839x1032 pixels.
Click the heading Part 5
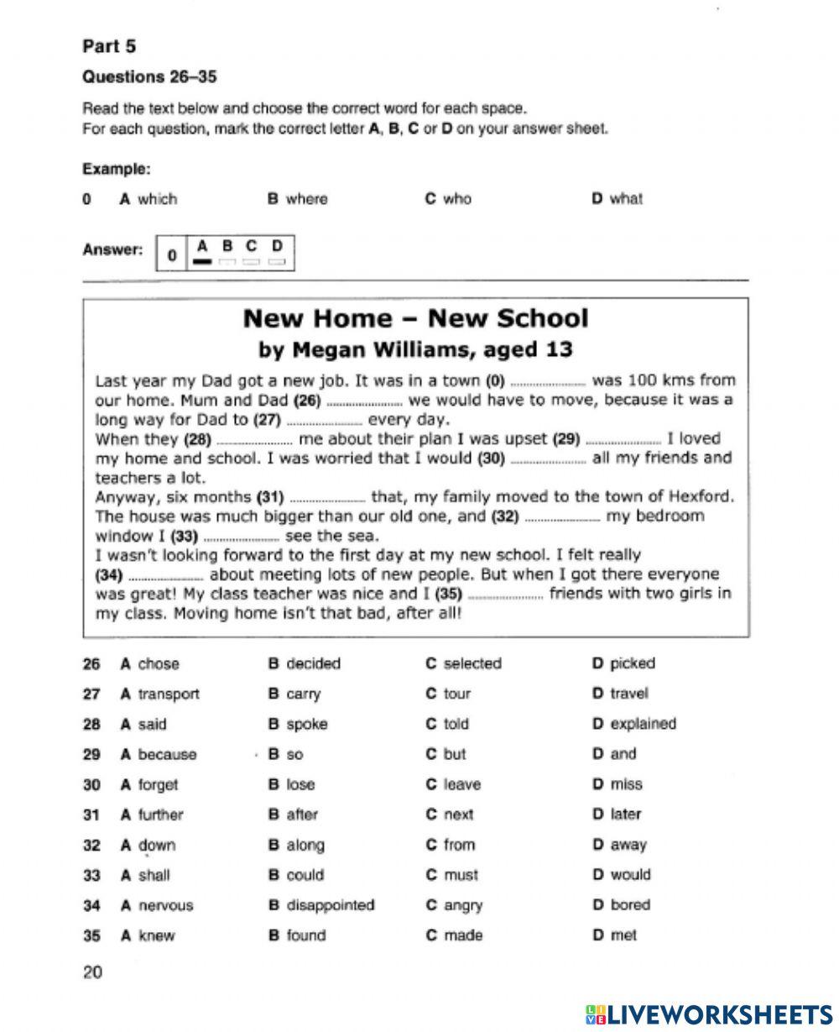click(x=108, y=46)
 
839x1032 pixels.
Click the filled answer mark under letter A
click(x=201, y=262)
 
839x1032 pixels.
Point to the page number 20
click(x=92, y=972)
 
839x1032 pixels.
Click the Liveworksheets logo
click(x=709, y=1014)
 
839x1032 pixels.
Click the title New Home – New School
click(x=415, y=318)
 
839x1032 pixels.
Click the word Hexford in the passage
click(x=701, y=495)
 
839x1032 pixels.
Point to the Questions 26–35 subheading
click(x=149, y=77)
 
